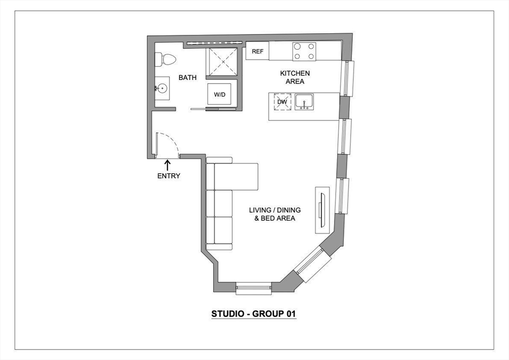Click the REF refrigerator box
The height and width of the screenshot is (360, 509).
click(x=257, y=51)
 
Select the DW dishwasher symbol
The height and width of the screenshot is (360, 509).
click(x=282, y=102)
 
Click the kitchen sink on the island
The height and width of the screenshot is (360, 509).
click(x=304, y=102)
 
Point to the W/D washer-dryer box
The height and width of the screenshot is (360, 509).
click(x=220, y=94)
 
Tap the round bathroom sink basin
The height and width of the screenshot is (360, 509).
click(x=161, y=89)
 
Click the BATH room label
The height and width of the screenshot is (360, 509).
click(x=187, y=78)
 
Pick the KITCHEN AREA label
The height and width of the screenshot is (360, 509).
click(x=294, y=77)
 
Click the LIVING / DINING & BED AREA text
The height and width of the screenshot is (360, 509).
click(x=275, y=214)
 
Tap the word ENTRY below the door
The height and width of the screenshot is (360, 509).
click(x=169, y=176)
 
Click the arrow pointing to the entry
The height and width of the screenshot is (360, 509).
click(x=167, y=165)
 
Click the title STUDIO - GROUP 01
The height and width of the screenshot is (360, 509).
click(x=254, y=314)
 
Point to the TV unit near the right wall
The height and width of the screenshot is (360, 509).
click(x=322, y=210)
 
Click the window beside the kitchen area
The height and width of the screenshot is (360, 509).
click(x=347, y=78)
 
